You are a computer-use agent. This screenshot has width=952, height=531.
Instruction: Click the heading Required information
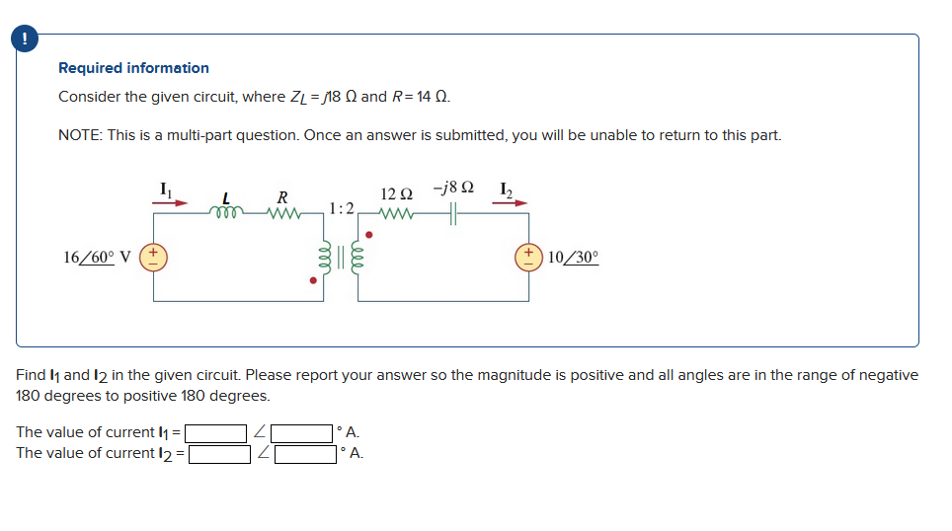pyautogui.click(x=133, y=68)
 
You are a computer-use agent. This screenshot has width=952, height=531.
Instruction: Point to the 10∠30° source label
pyautogui.click(x=573, y=257)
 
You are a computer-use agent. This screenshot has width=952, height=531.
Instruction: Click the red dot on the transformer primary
pyautogui.click(x=314, y=280)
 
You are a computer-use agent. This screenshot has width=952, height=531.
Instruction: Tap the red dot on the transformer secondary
pyautogui.click(x=369, y=235)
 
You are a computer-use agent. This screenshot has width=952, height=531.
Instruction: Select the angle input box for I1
pyautogui.click(x=302, y=433)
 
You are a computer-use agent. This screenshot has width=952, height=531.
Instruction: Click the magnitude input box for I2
pyautogui.click(x=220, y=454)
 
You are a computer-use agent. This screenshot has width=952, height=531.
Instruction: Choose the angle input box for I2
pyautogui.click(x=305, y=454)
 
